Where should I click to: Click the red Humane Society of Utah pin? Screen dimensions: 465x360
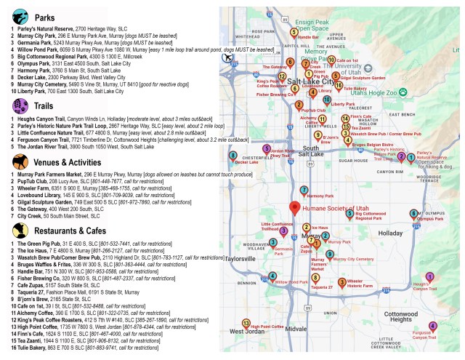pos(294,208)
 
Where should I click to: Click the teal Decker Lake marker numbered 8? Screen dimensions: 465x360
pos(233,155)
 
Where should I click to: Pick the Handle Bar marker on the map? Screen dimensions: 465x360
pos(294,32)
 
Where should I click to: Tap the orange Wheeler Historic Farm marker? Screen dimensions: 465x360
pos(342,282)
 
